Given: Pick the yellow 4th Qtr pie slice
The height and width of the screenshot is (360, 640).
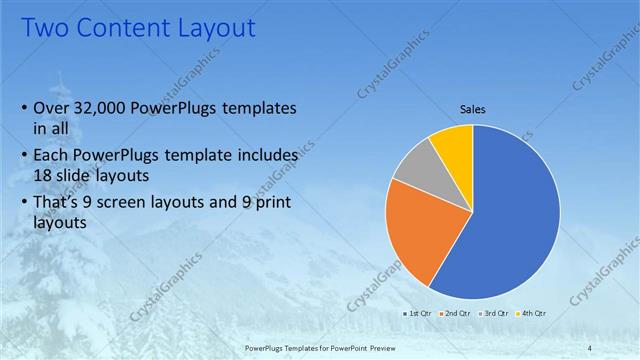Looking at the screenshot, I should [x=453, y=145].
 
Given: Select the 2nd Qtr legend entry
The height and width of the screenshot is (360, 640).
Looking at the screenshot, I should [x=456, y=314].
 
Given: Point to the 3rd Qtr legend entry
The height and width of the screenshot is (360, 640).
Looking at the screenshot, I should [x=496, y=314].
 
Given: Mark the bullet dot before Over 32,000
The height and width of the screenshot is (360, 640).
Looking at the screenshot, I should [x=24, y=108].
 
